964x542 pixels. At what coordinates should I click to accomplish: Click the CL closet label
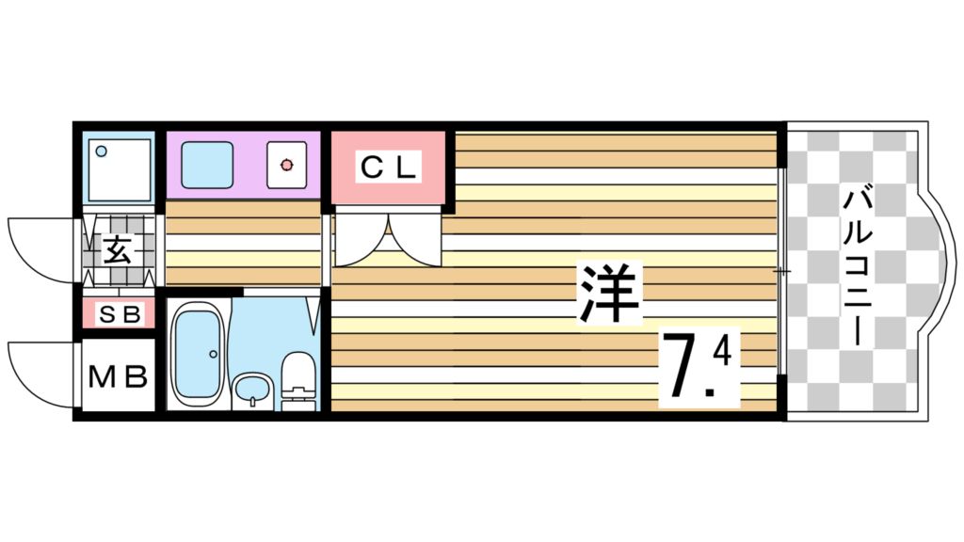click(x=388, y=169)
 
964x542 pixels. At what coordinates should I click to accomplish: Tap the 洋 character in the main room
click(x=609, y=293)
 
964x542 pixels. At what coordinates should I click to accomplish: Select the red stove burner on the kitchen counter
click(x=286, y=166)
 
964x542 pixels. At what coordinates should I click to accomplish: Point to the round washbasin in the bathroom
click(x=249, y=388)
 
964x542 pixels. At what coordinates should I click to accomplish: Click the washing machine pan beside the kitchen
click(x=119, y=169)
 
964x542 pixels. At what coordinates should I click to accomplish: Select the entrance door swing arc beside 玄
click(x=42, y=247)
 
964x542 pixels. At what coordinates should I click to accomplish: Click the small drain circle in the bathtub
click(x=214, y=354)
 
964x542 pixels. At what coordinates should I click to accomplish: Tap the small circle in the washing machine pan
click(x=102, y=150)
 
